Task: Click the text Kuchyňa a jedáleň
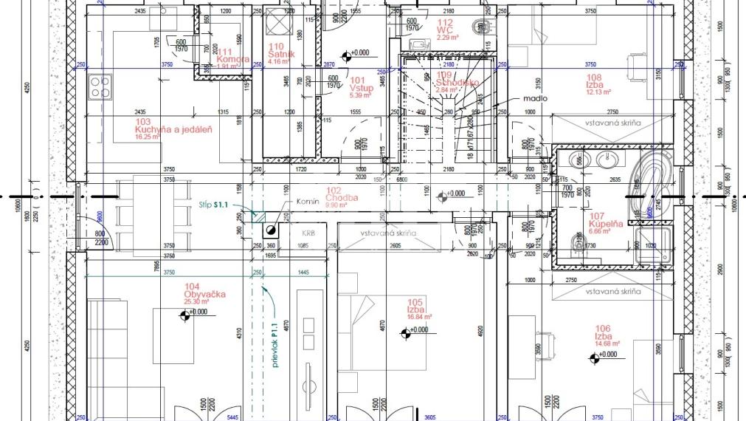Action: click(173, 129)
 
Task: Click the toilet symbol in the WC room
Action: click(484, 28)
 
